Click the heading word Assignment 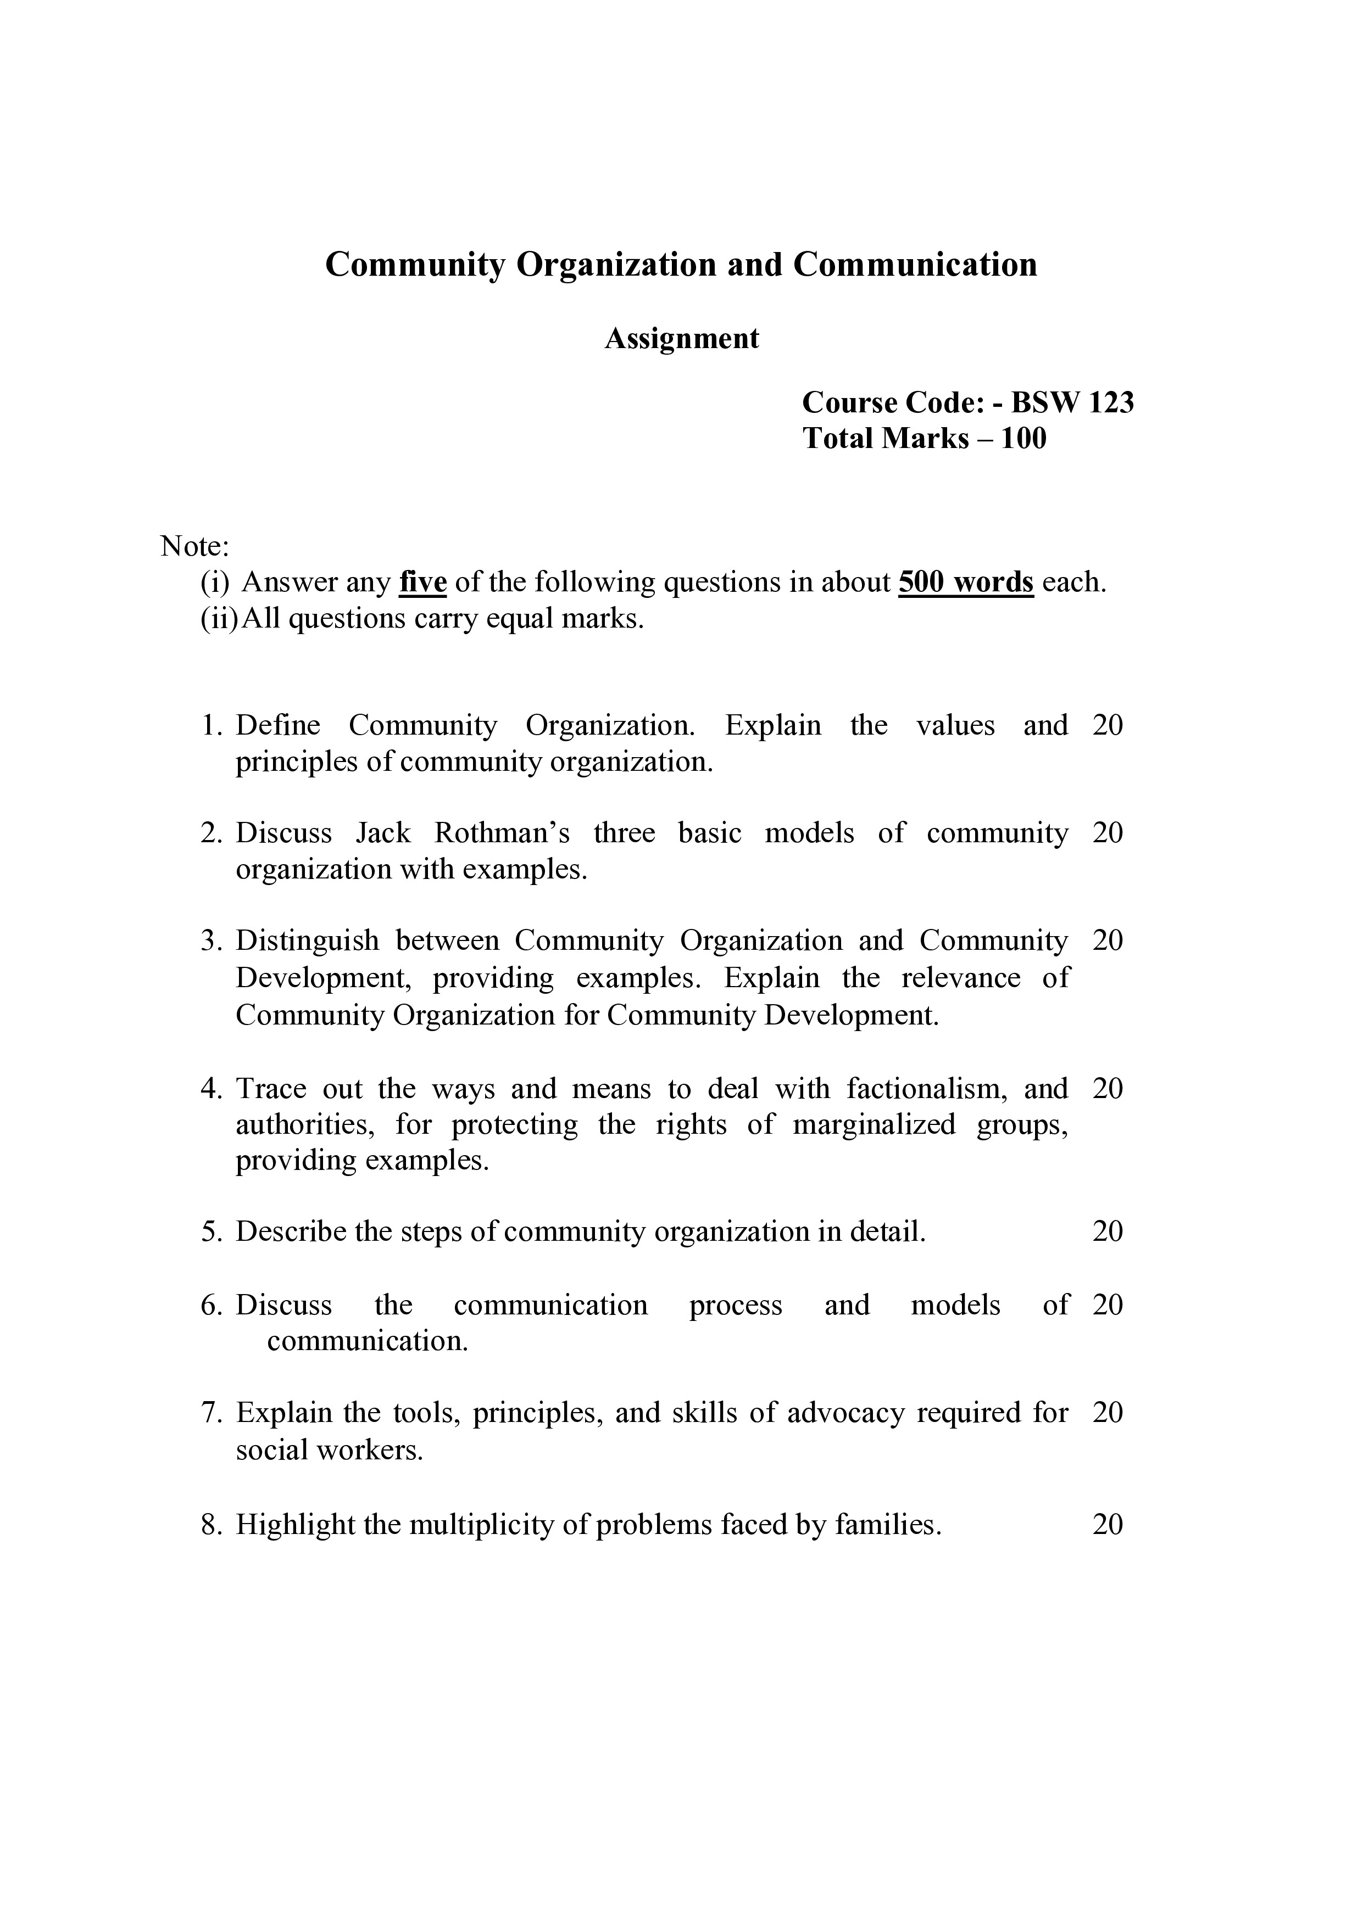[x=681, y=339]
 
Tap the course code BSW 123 [x=1072, y=404]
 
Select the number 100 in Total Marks [x=1023, y=439]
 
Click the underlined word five [x=422, y=582]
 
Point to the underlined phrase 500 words [x=965, y=582]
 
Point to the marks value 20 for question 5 [x=1107, y=1231]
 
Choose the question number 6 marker [x=210, y=1305]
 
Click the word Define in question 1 [x=278, y=726]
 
